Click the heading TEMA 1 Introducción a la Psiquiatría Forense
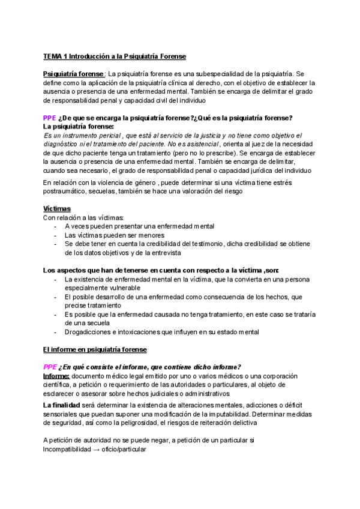pos(115,56)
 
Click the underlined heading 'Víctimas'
pos(58,208)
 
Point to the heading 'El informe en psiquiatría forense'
pos(95,349)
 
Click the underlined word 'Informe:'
pos(56,376)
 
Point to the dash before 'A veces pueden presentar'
pos(55,226)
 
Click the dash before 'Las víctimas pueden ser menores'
pos(55,235)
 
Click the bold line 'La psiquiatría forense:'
pos(78,127)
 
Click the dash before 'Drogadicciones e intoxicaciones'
pos(55,331)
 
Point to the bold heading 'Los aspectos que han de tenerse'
pos(161,270)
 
